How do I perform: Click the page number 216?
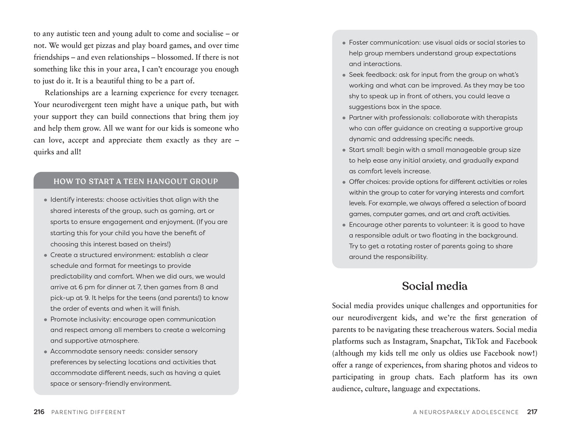39,412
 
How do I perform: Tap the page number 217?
532,412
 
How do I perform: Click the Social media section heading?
434,286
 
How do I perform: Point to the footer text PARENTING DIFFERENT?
89,412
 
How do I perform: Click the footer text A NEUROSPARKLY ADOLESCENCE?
465,412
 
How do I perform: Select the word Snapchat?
445,341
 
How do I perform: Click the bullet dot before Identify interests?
45,200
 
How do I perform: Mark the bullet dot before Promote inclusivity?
45,320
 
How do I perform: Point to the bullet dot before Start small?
344,150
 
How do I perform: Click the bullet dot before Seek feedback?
344,75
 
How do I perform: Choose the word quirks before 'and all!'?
43,152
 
